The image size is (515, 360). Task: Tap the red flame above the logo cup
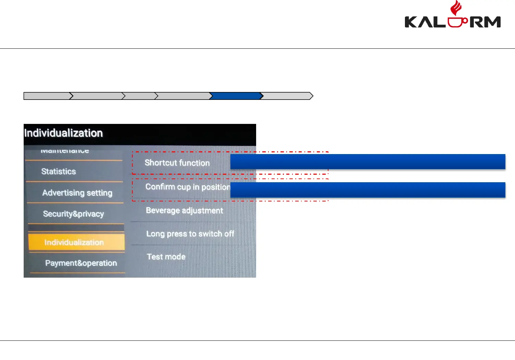pos(456,8)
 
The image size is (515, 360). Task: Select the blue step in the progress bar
pos(236,96)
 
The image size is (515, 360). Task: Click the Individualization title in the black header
pos(63,133)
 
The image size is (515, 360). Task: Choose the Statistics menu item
pos(59,171)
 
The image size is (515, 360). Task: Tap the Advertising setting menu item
pos(77,193)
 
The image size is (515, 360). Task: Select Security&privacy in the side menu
pos(73,214)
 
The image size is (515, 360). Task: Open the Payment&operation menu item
pos(81,263)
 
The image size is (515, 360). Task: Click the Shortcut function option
pos(177,163)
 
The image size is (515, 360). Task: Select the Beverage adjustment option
pos(184,210)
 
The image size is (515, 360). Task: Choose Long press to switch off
pos(190,234)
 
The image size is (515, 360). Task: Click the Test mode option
pos(166,257)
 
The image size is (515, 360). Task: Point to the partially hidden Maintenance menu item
pos(65,151)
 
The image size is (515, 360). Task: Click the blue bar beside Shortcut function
pos(368,162)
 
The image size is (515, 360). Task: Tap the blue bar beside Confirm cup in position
pos(368,190)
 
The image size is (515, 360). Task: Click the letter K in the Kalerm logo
pos(411,22)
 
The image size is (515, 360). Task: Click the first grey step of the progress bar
pos(47,96)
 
